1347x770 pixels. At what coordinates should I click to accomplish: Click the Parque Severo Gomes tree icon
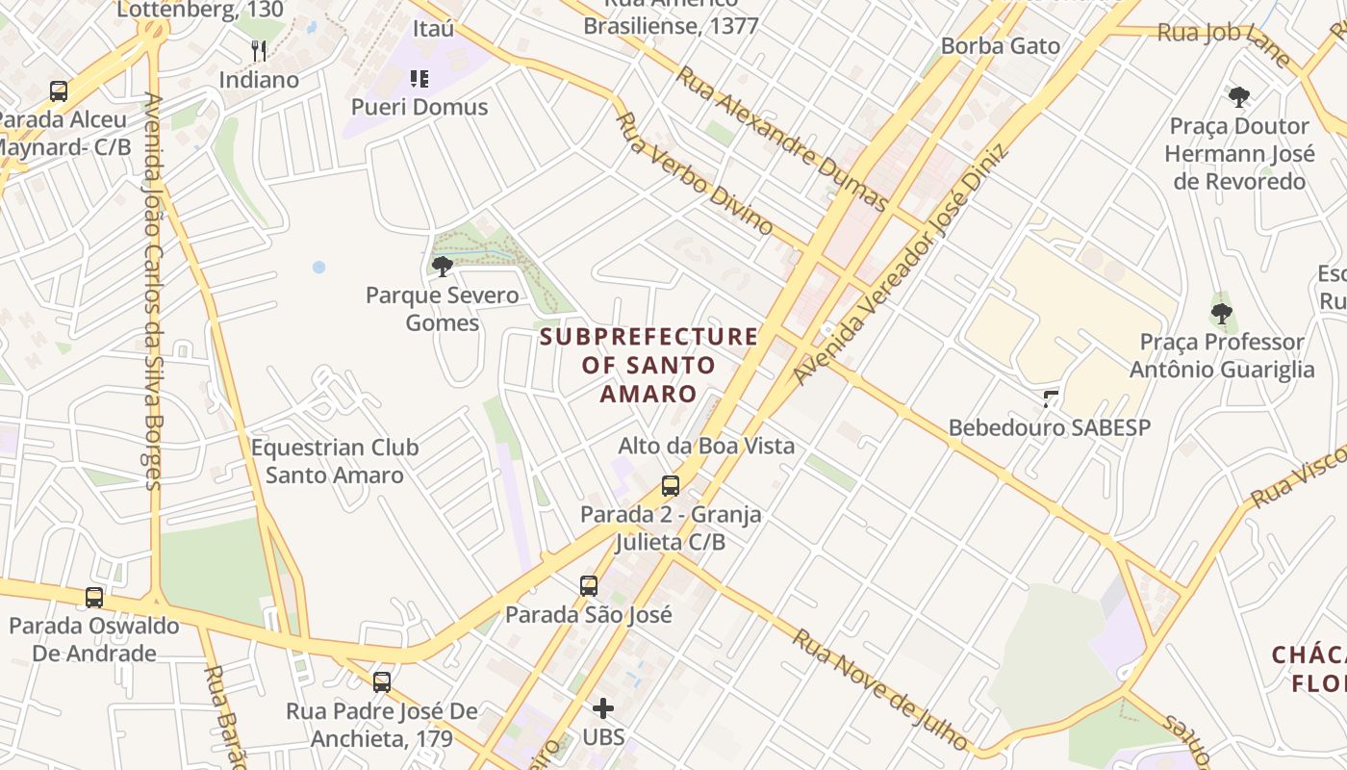tap(442, 266)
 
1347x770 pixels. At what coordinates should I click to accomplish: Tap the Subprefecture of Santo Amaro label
tap(648, 365)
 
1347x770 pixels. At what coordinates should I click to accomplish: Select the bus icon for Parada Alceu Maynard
tap(59, 91)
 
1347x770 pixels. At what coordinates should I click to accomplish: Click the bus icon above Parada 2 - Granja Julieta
tap(671, 486)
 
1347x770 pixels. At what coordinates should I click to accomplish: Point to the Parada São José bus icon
tap(588, 585)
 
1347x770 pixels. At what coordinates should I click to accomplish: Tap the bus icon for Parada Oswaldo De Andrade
tap(93, 597)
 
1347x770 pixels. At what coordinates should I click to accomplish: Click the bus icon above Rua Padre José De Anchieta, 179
tap(382, 682)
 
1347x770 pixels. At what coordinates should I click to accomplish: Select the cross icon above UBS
tap(603, 708)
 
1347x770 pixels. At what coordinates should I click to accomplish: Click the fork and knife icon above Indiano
tap(258, 51)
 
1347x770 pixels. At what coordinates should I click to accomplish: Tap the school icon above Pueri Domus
tap(419, 78)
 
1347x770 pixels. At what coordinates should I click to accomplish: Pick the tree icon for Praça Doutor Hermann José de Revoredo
tap(1239, 96)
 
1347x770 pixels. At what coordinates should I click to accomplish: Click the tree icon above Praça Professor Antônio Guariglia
tap(1221, 313)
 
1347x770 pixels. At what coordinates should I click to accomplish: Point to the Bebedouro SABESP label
tap(1049, 427)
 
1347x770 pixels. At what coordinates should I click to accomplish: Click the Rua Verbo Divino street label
tap(694, 174)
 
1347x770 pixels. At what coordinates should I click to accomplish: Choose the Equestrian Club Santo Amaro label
tap(335, 461)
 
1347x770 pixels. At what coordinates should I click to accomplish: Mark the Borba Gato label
tap(1000, 45)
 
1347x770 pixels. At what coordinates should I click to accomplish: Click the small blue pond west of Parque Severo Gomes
tap(318, 267)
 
